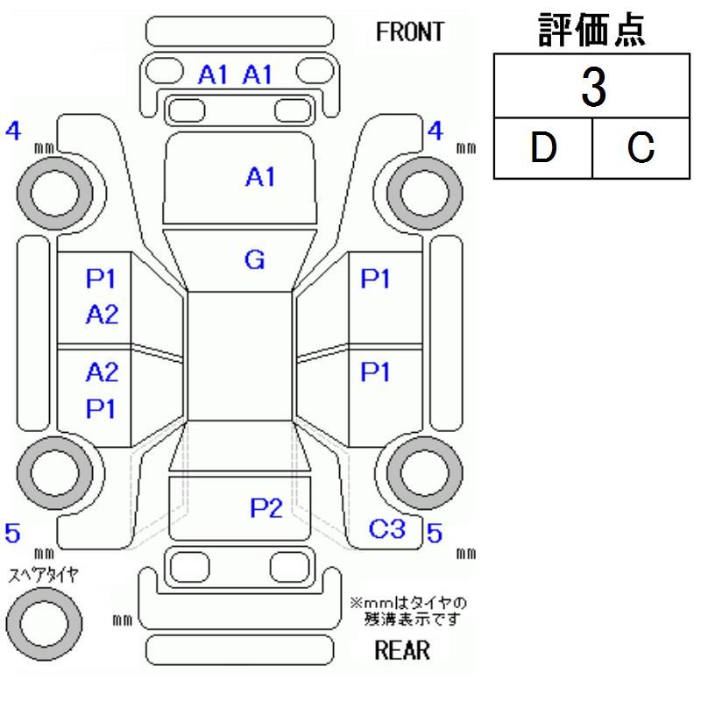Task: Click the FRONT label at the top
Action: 409,32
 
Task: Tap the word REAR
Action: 402,650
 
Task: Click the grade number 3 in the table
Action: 593,89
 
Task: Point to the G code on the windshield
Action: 255,259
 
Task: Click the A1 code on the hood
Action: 259,178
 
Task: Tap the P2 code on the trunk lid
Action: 265,507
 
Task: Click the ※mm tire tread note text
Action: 407,611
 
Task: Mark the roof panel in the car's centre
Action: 240,355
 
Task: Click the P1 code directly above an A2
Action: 102,280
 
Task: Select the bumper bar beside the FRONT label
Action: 242,31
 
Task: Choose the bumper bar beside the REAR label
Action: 241,650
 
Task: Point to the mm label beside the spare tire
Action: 123,620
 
